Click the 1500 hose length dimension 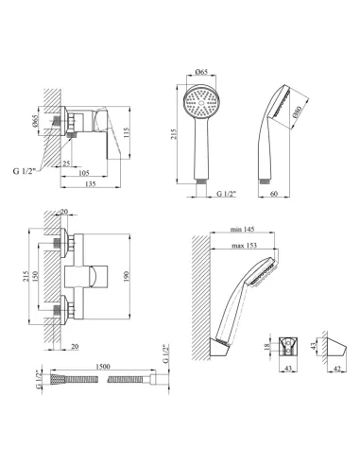103,367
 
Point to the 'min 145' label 242,230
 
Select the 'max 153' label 244,245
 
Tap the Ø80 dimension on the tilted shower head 298,112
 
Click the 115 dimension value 126,133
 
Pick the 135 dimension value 90,183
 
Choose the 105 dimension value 84,173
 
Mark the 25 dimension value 66,164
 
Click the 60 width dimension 274,194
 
